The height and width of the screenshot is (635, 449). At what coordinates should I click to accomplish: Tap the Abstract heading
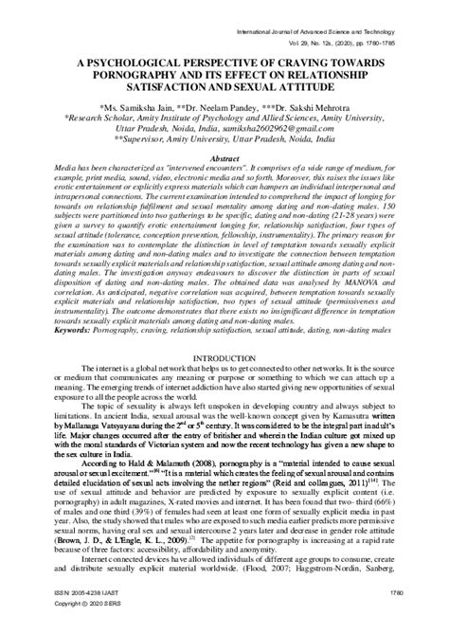coord(223,160)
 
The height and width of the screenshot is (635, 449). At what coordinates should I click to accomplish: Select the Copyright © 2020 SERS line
coord(64,627)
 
